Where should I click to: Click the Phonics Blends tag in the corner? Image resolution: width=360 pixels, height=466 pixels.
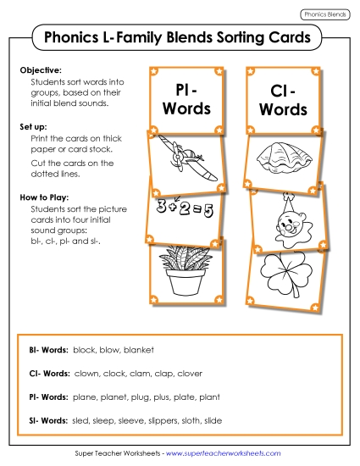[325, 14]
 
